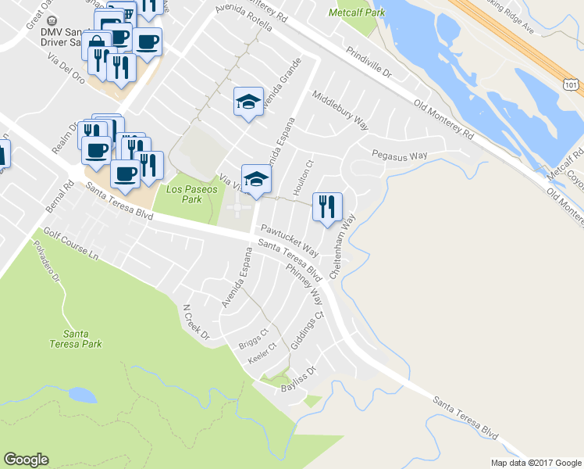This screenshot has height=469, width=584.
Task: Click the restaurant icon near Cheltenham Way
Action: click(327, 206)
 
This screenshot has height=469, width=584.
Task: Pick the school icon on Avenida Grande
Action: click(248, 102)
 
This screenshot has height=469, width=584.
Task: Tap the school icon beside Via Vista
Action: click(255, 179)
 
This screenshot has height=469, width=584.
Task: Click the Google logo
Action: click(26, 460)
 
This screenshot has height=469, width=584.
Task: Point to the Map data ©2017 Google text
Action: click(535, 463)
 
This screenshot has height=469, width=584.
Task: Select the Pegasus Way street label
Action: click(399, 156)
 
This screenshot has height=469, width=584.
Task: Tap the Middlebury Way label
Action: click(340, 109)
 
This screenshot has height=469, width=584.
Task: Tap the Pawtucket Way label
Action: click(289, 239)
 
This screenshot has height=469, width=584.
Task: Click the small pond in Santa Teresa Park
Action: click(81, 394)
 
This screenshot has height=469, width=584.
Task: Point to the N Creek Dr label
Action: click(196, 321)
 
